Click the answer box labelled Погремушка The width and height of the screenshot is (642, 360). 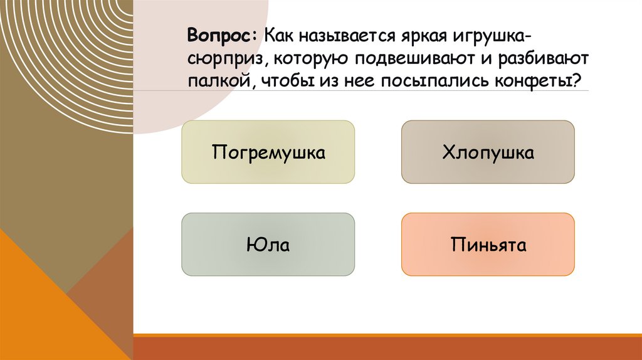[x=268, y=152]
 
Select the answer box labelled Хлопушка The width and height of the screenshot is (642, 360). [x=488, y=152]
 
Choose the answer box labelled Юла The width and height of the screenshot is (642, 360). [x=268, y=244]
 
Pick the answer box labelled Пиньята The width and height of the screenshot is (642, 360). [x=488, y=244]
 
